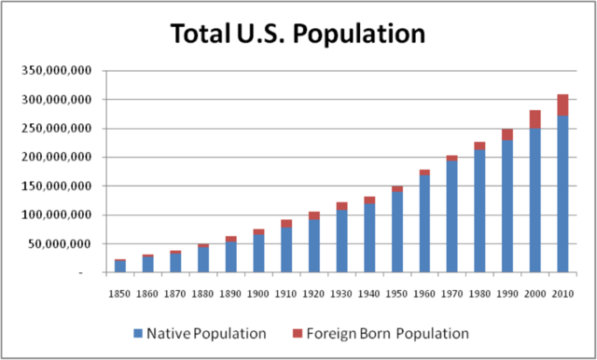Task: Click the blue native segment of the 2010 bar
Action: pyautogui.click(x=562, y=196)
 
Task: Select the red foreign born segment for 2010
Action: pyautogui.click(x=562, y=104)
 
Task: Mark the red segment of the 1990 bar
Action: pyautogui.click(x=507, y=134)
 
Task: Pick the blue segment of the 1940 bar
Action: pyautogui.click(x=369, y=239)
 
